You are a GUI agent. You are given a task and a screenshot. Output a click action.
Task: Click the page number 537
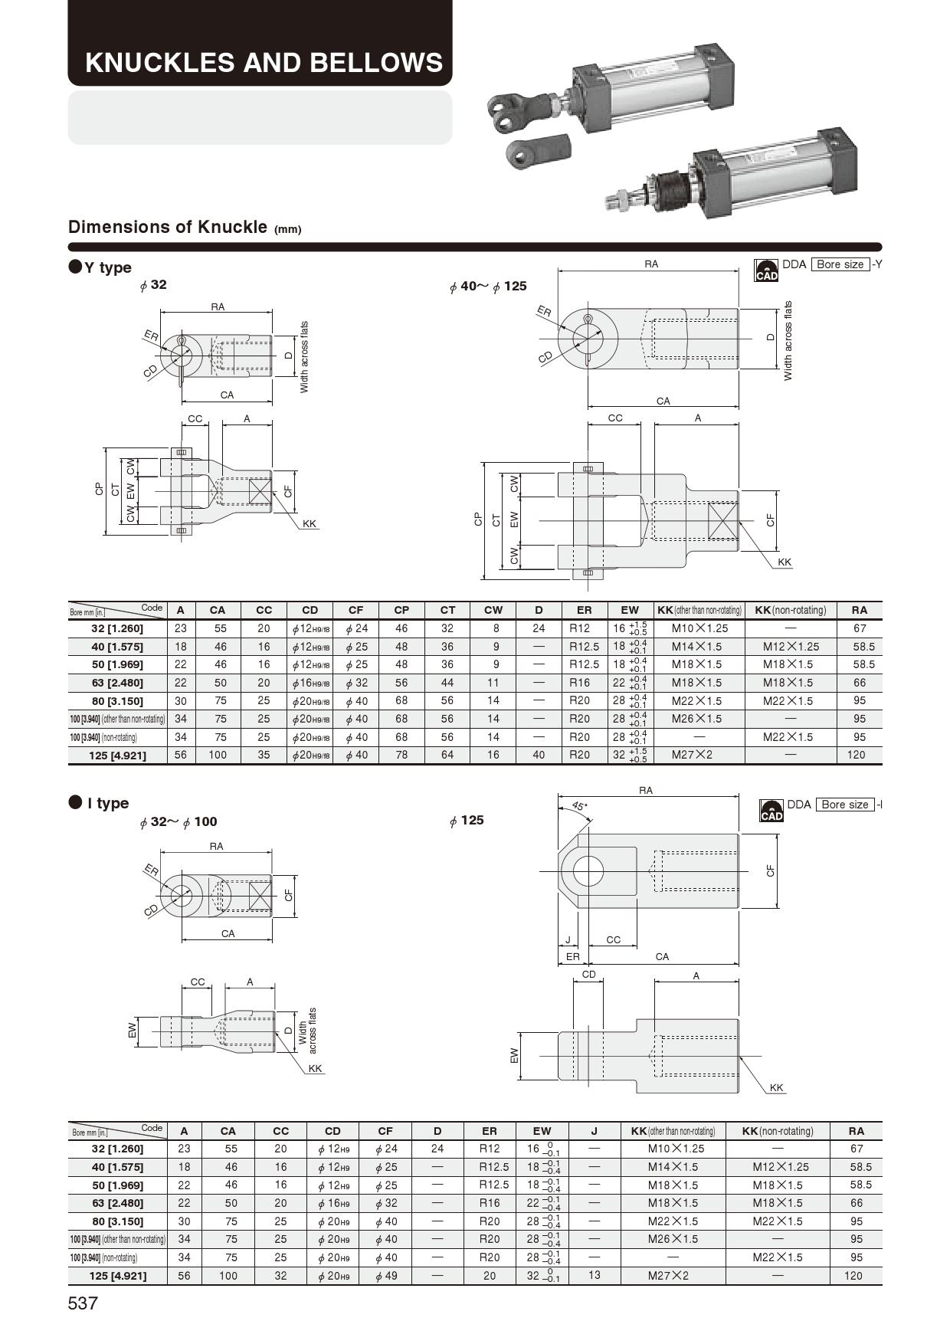tap(83, 1303)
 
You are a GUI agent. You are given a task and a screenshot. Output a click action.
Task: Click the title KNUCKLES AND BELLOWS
tap(264, 62)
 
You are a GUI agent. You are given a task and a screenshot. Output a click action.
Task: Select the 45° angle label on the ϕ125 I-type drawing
tap(579, 806)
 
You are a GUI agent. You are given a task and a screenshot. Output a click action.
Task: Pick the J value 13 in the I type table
tap(594, 1276)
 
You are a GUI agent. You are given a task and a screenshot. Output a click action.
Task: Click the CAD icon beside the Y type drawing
tap(766, 270)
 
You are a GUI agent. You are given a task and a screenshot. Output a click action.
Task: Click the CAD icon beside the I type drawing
tap(771, 810)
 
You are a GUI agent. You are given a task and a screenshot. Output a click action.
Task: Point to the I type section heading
tap(100, 803)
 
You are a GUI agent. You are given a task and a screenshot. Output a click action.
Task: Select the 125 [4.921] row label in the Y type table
tap(117, 756)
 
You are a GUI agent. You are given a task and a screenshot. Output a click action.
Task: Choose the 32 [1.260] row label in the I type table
tap(117, 1149)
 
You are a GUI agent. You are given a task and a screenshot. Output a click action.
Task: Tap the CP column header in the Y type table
tap(401, 611)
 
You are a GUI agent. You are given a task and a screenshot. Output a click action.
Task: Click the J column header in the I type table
tap(594, 1131)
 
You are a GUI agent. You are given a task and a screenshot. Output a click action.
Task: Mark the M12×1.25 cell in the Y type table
tap(791, 647)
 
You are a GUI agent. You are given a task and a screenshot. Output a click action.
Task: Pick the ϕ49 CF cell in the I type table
tap(385, 1276)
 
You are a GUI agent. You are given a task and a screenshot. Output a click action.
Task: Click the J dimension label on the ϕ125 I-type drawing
tap(568, 939)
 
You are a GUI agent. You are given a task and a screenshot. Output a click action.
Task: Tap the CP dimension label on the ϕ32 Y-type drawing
tap(99, 489)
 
